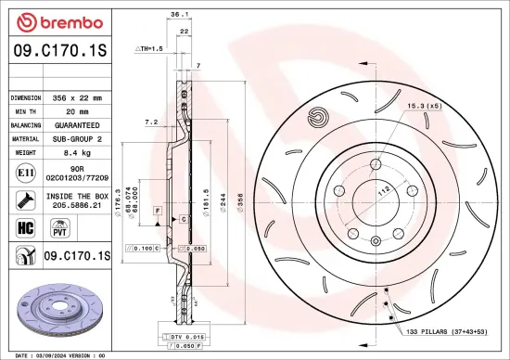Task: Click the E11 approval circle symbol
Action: [x=22, y=173]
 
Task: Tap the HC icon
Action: [x=22, y=227]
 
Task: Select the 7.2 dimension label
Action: [x=151, y=122]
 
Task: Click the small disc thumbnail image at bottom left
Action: [x=56, y=307]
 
